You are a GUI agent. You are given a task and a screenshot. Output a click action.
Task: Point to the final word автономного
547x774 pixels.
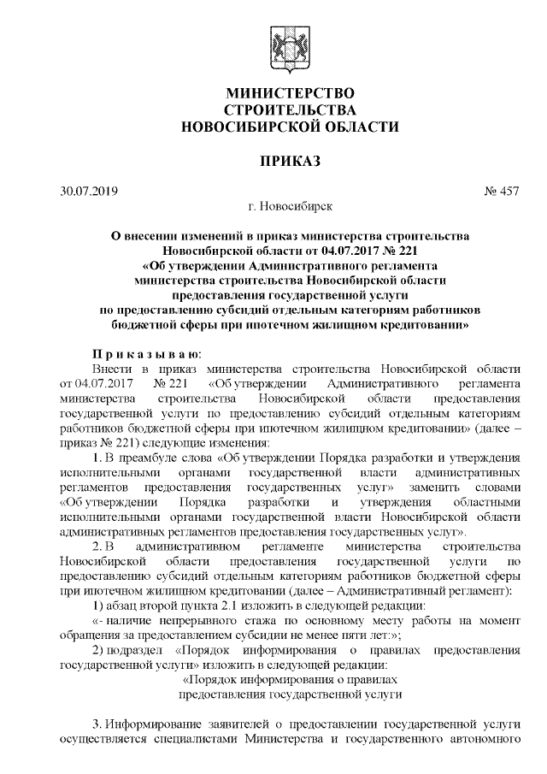484,737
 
